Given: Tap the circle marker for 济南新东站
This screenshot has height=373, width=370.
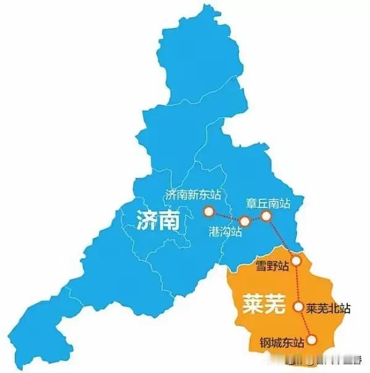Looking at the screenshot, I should click(209, 212).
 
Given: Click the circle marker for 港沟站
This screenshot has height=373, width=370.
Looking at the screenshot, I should click(245, 221).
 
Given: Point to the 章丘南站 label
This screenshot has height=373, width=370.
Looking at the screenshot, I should click(266, 202).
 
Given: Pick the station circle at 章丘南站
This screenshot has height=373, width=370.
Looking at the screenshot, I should click(266, 216).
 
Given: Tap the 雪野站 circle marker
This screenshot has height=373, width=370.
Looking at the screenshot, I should click(297, 261).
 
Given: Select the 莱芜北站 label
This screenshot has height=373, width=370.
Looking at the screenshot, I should click(329, 307).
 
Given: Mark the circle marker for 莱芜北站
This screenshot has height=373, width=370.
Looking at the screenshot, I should click(299, 306).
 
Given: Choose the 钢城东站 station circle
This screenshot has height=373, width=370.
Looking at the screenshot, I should click(313, 339).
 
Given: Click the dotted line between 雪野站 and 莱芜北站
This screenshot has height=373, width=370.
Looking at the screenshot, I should click(298, 283).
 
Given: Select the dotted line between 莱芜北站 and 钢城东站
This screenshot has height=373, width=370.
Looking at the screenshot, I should click(305, 322).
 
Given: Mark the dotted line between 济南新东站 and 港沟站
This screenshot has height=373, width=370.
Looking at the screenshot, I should click(227, 217).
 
